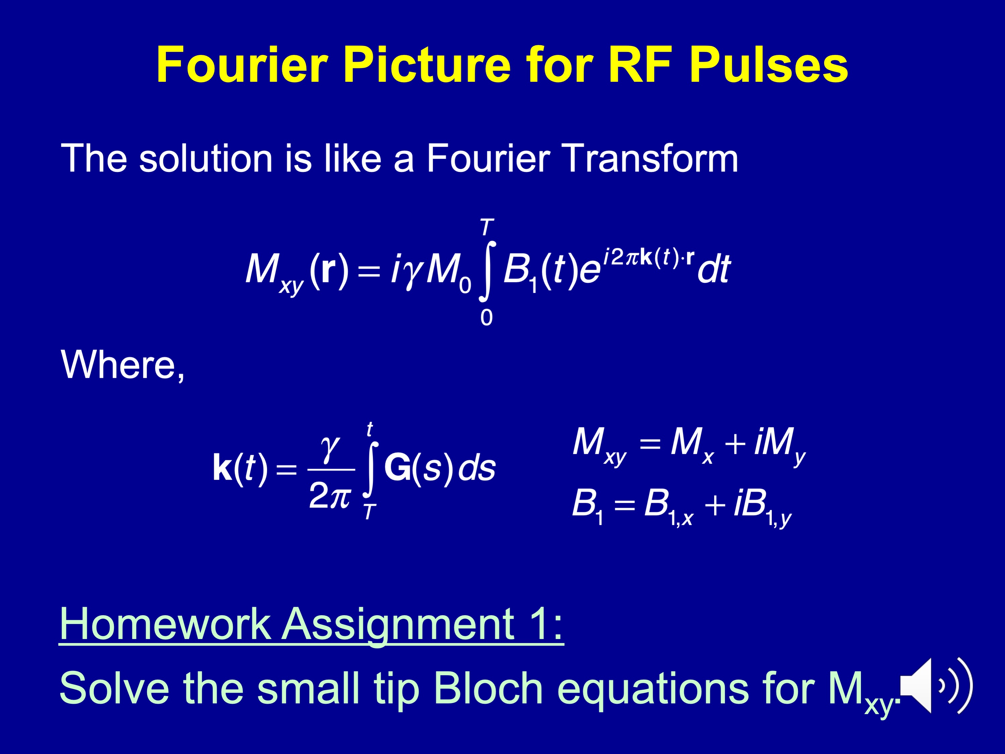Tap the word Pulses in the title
[768, 65]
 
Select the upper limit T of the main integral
[487, 227]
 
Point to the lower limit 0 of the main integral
[486, 318]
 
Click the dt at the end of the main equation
[714, 269]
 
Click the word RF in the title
[640, 65]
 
